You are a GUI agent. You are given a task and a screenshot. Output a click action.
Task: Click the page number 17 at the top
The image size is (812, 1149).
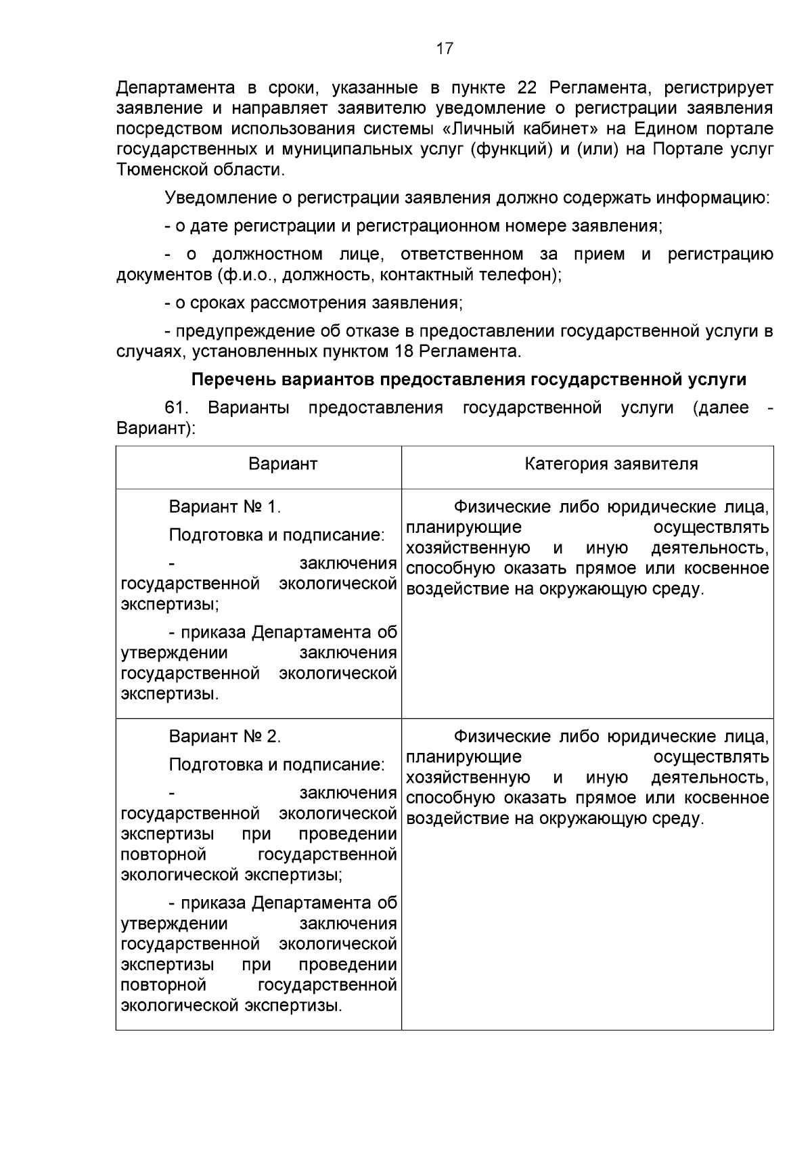pos(445,49)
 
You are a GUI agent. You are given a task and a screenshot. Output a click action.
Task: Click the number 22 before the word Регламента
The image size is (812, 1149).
pos(528,88)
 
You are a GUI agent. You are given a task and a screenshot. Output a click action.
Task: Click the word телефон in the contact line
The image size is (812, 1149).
pos(520,275)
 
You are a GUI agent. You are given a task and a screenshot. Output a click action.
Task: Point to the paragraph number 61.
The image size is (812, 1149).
pos(177,408)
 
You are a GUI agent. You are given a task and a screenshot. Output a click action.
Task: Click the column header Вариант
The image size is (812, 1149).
pos(283,464)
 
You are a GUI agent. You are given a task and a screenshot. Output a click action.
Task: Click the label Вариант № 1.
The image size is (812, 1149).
pos(225,507)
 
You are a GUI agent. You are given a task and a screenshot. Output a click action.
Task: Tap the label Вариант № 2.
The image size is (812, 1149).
pos(225,737)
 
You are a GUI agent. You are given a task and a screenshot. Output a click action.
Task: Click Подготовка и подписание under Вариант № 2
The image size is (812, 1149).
pos(277,764)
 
